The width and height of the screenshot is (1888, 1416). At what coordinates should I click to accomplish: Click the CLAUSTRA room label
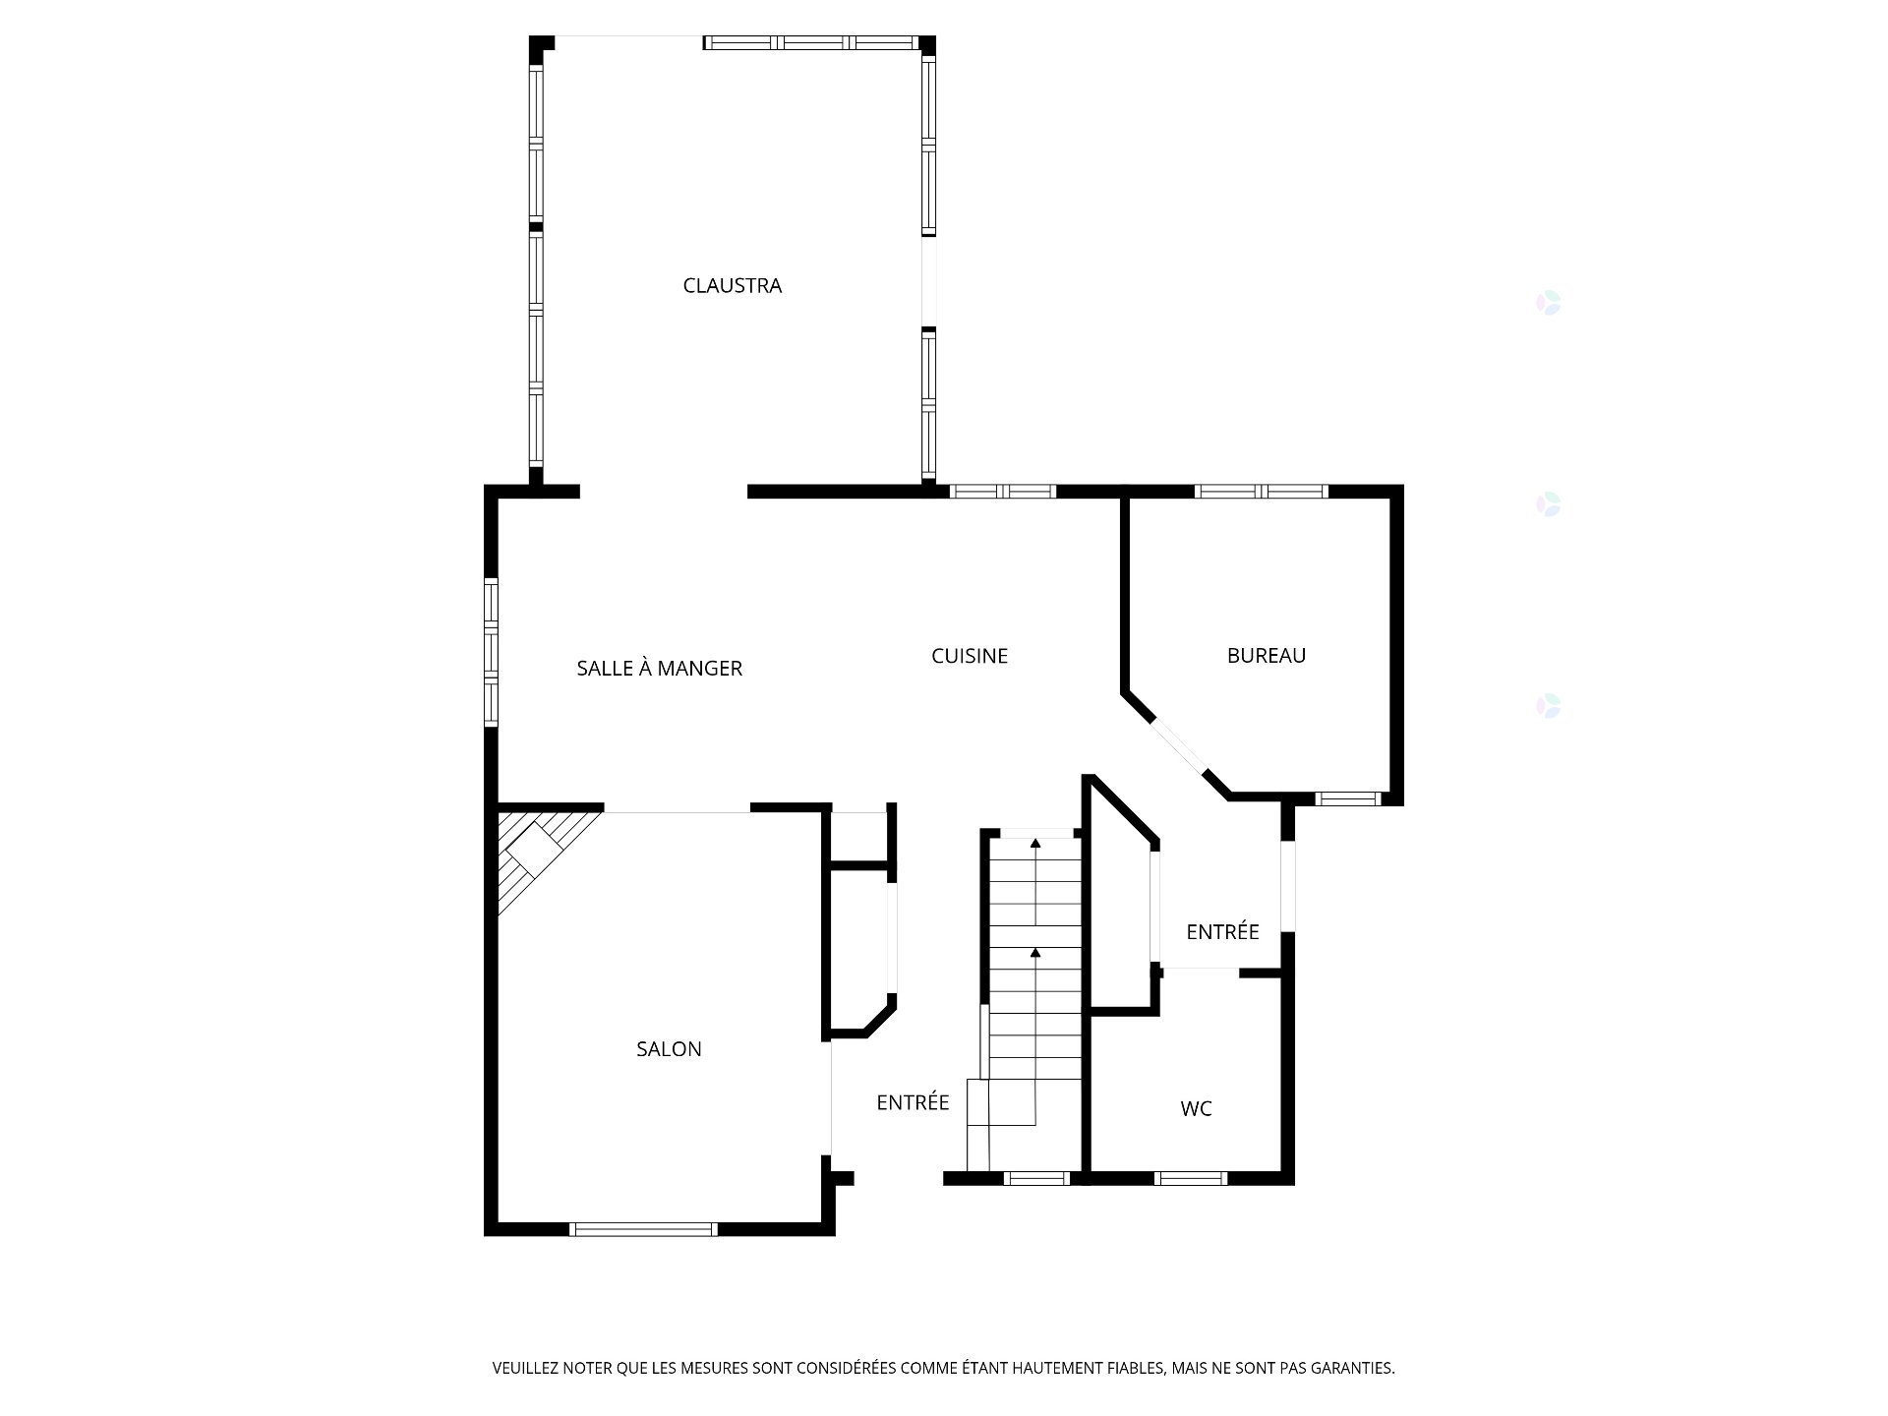[x=732, y=286]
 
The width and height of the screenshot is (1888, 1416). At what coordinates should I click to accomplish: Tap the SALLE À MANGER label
[x=659, y=669]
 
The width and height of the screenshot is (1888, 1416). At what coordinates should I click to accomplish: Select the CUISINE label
[x=970, y=656]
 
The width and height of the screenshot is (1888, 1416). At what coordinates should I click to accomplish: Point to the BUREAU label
[x=1266, y=656]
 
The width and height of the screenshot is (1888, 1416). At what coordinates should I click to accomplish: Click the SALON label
[x=669, y=1049]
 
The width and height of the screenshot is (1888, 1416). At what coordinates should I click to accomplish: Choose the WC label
[x=1196, y=1109]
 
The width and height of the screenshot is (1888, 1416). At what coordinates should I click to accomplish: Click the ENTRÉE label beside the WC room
[x=1222, y=932]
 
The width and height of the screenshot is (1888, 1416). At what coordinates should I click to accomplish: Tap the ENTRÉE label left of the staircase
[x=913, y=1103]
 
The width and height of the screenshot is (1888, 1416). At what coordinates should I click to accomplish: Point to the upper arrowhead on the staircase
[x=1035, y=843]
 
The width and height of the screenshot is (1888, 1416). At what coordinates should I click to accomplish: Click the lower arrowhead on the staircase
[x=1035, y=953]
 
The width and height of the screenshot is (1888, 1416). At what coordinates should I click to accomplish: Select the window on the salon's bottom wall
[x=644, y=1228]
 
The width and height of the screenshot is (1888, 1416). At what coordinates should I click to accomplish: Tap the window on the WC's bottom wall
[x=1190, y=1177]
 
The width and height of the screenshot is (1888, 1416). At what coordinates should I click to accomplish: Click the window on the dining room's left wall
[x=491, y=652]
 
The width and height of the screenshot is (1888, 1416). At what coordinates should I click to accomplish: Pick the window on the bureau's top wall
[x=1261, y=491]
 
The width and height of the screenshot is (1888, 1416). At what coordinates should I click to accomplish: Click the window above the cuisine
[x=1002, y=491]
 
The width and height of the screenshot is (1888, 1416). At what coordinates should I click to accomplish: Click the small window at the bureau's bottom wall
[x=1348, y=798]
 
